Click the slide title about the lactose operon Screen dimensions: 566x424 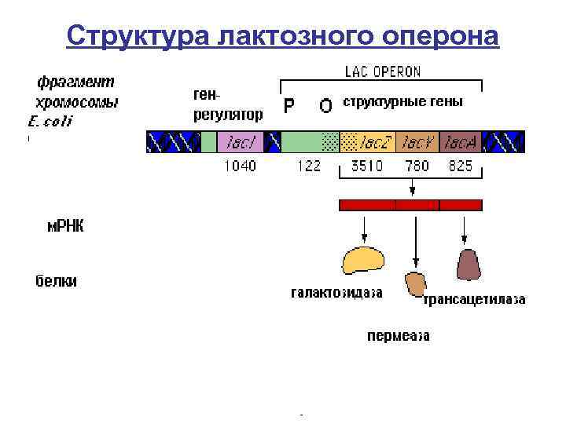282,35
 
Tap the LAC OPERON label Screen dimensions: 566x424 383,71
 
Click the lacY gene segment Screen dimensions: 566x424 417,142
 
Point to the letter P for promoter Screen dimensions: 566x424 289,105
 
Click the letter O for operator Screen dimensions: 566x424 325,105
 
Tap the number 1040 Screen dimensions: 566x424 240,166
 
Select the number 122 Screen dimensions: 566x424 307,166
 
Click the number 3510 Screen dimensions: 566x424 366,166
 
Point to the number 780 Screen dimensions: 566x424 417,166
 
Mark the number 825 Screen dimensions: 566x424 461,166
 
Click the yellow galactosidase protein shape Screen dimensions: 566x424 362,261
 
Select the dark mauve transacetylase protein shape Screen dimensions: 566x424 468,265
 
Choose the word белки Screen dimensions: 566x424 56,281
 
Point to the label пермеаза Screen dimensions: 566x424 399,336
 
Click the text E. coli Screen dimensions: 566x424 50,121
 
